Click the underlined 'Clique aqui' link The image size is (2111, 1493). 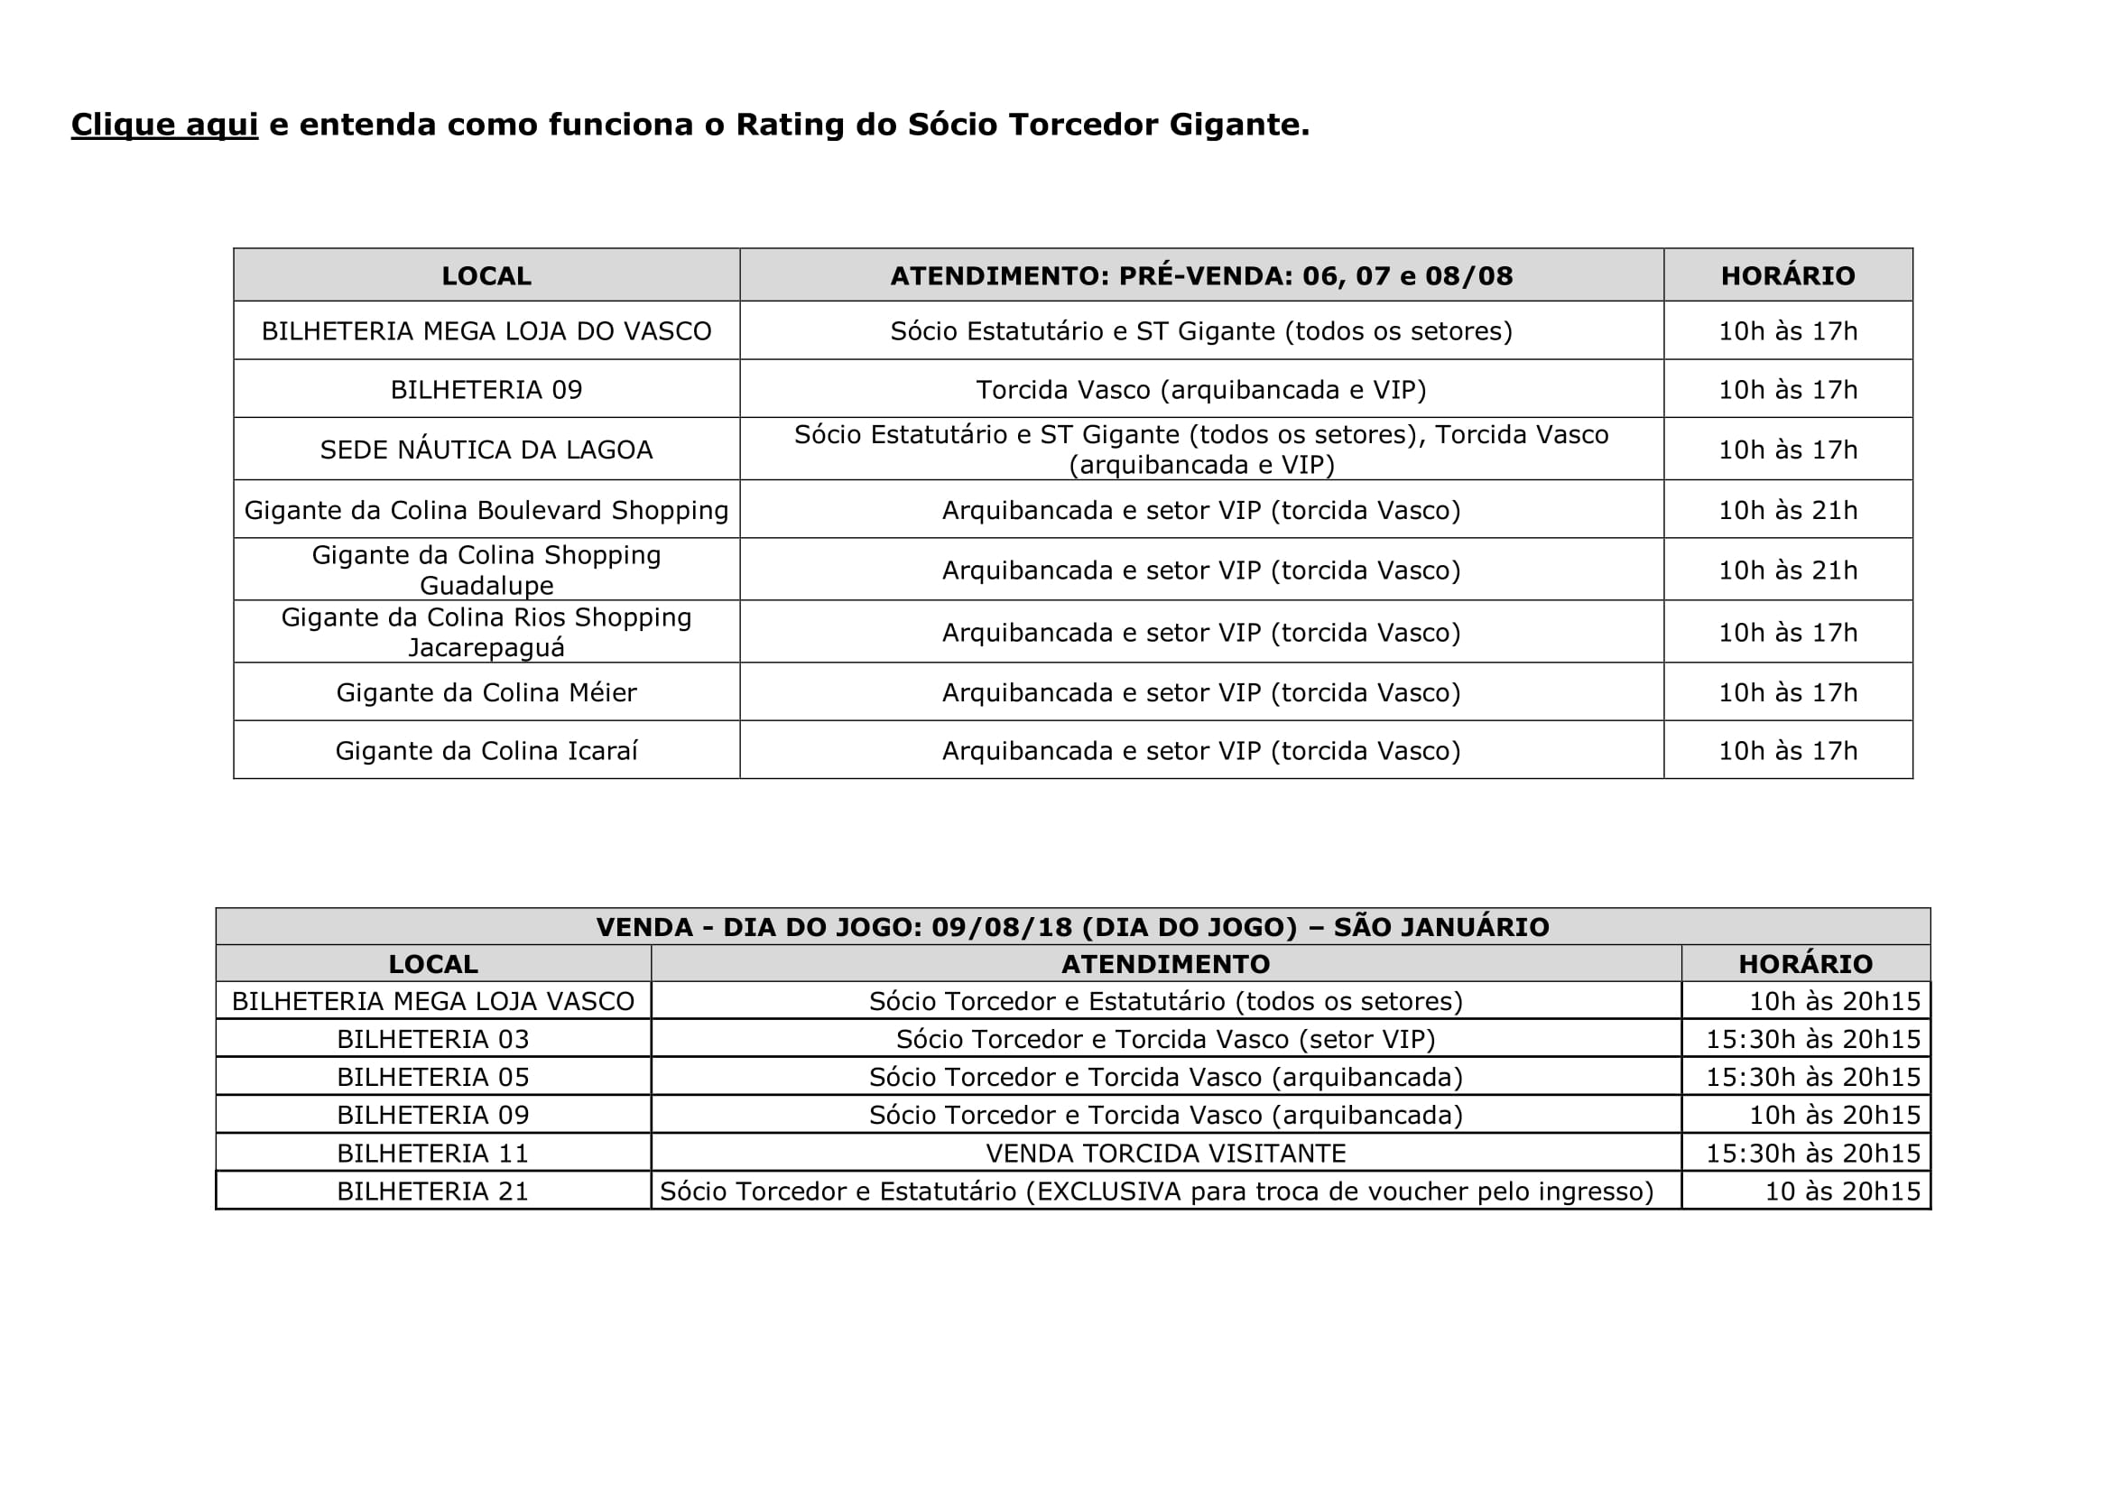click(164, 124)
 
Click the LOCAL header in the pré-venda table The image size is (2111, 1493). click(486, 276)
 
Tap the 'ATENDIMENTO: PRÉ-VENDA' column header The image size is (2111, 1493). click(1200, 276)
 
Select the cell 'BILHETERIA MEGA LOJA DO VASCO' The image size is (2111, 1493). click(486, 331)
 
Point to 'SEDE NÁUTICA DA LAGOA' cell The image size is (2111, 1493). click(486, 450)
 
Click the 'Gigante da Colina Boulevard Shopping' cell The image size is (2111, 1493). click(486, 510)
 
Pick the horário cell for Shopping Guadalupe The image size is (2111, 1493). click(1787, 570)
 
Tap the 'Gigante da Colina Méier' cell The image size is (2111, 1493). click(486, 692)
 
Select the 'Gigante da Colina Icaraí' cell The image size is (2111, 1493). click(486, 751)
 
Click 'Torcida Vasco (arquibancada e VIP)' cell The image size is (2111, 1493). click(1200, 390)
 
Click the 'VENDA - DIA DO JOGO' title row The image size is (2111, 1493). click(1072, 927)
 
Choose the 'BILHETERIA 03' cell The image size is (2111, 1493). click(433, 1039)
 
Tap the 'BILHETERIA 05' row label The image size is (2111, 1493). click(433, 1077)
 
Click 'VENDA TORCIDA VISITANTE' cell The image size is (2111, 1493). click(1166, 1153)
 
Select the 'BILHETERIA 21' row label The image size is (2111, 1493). click(433, 1192)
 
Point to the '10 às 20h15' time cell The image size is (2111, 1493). click(1843, 1192)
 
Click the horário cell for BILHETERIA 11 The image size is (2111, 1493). click(1813, 1153)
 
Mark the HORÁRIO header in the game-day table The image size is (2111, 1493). click(1805, 963)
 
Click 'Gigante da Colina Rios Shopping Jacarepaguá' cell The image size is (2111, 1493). click(486, 633)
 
